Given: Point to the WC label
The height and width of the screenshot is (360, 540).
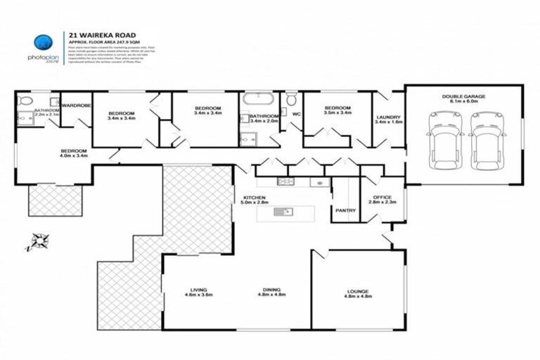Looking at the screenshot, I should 296,112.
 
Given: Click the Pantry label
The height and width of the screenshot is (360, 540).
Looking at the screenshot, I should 345,210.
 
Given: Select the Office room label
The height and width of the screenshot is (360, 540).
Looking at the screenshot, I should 382,198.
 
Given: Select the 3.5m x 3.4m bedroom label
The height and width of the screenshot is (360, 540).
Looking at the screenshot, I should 337,110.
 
